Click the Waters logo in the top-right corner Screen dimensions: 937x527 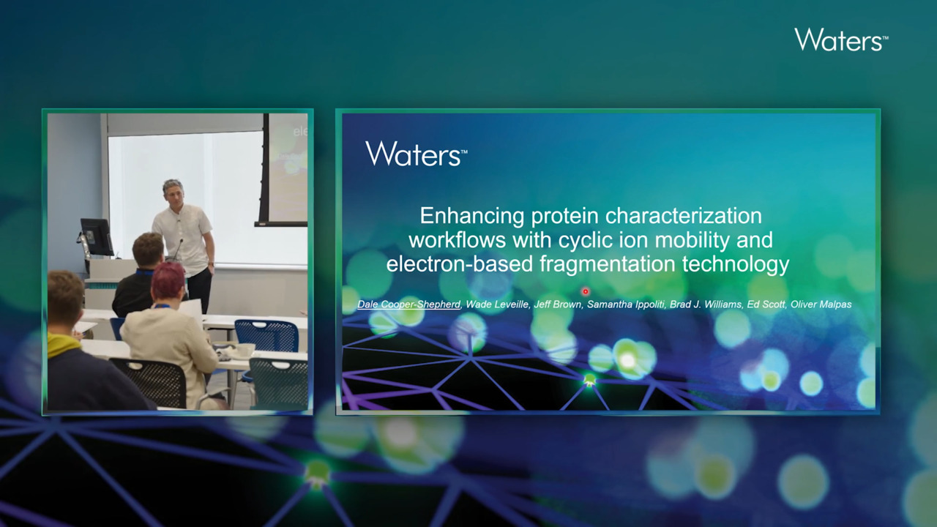coord(841,40)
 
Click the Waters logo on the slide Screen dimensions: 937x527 coord(417,154)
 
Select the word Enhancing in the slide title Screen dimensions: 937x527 coord(472,216)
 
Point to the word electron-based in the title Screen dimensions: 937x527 coord(459,264)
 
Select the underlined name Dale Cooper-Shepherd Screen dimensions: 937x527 coord(408,304)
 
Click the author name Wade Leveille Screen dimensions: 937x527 coord(497,304)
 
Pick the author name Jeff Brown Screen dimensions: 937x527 coord(558,304)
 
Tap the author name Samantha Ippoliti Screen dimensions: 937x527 coord(626,304)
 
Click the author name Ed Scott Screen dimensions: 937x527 coord(766,304)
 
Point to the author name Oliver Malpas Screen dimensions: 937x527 coord(821,304)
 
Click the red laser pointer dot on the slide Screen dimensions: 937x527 coord(586,291)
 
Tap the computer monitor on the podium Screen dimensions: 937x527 coord(96,236)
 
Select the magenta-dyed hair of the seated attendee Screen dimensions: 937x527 coord(168,280)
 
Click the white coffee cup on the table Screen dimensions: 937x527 coord(245,350)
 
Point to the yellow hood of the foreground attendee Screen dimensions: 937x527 coord(63,344)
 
